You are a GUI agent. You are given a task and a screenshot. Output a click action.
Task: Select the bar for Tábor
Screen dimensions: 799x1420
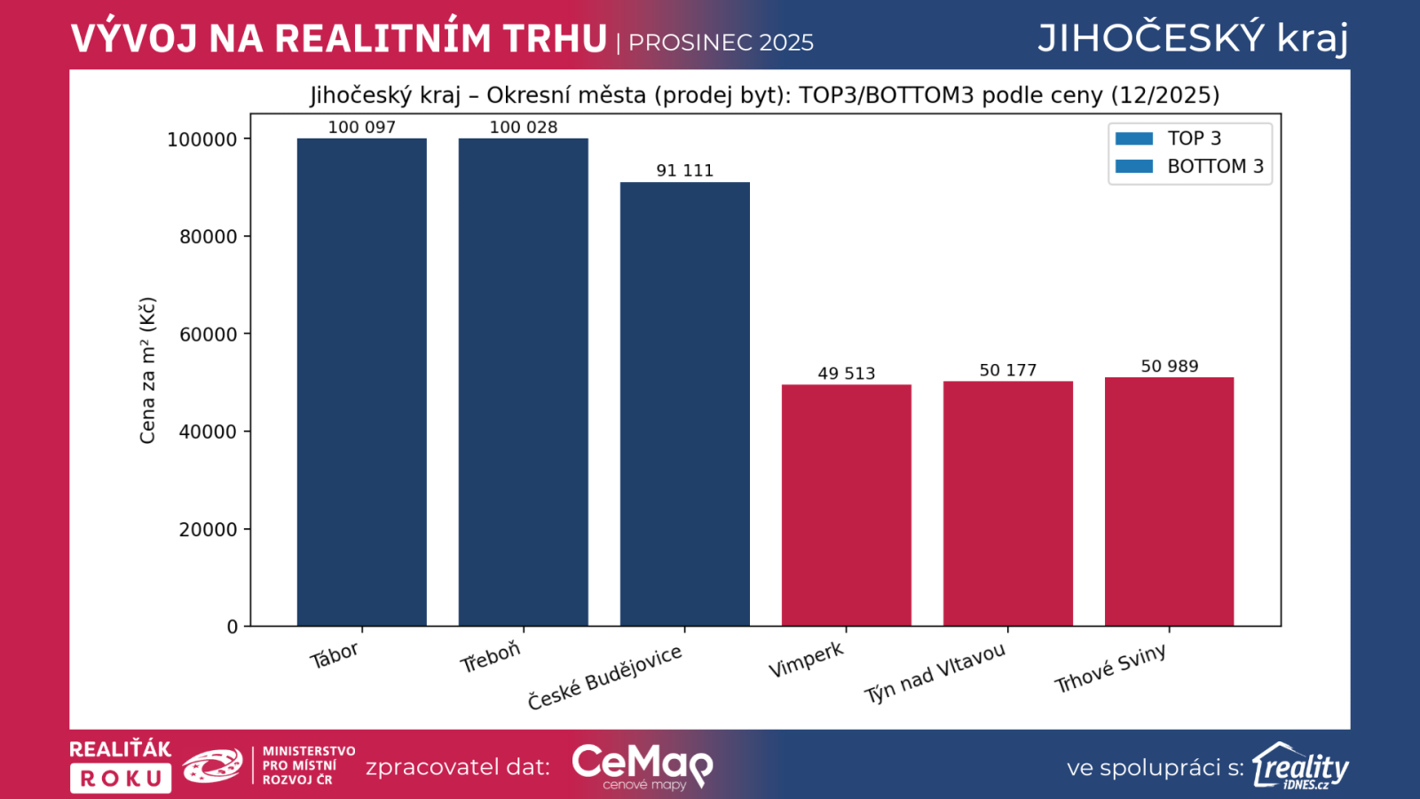coord(361,382)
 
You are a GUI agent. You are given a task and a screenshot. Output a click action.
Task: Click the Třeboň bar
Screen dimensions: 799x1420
coord(523,382)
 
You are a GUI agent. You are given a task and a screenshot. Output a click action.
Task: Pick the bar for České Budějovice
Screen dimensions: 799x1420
coord(684,404)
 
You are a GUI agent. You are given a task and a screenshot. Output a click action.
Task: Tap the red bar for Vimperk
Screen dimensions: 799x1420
coord(846,505)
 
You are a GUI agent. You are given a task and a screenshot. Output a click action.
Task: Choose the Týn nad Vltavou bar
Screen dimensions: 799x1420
coord(1007,503)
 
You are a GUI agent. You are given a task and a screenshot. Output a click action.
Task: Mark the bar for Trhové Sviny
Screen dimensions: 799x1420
coord(1169,502)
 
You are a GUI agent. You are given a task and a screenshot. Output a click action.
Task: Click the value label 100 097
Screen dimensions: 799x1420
coord(361,127)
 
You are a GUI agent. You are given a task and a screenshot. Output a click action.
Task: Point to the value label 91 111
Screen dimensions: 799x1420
coord(684,170)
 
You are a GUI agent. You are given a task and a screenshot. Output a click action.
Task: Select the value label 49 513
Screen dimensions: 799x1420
coord(846,374)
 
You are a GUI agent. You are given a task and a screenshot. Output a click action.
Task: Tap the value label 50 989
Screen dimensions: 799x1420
coord(1169,367)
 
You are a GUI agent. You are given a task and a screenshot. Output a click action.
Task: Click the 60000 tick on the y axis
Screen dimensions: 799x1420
coord(209,335)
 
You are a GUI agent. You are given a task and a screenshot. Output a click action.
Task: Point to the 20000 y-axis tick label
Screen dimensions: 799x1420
coord(209,530)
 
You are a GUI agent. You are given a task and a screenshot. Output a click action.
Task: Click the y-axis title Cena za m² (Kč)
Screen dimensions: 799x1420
coord(147,370)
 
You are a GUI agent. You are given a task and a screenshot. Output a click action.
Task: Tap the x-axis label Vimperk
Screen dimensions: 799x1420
coord(806,660)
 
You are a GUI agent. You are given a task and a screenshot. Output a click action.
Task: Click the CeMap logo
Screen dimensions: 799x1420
coord(642,765)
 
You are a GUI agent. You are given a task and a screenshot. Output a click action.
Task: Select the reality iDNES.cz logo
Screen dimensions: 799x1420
coord(1300,766)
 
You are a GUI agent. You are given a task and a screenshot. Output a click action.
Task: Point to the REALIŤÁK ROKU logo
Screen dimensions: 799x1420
coord(121,765)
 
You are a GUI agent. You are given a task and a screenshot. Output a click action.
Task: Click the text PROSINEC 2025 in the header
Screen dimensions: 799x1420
coord(721,43)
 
